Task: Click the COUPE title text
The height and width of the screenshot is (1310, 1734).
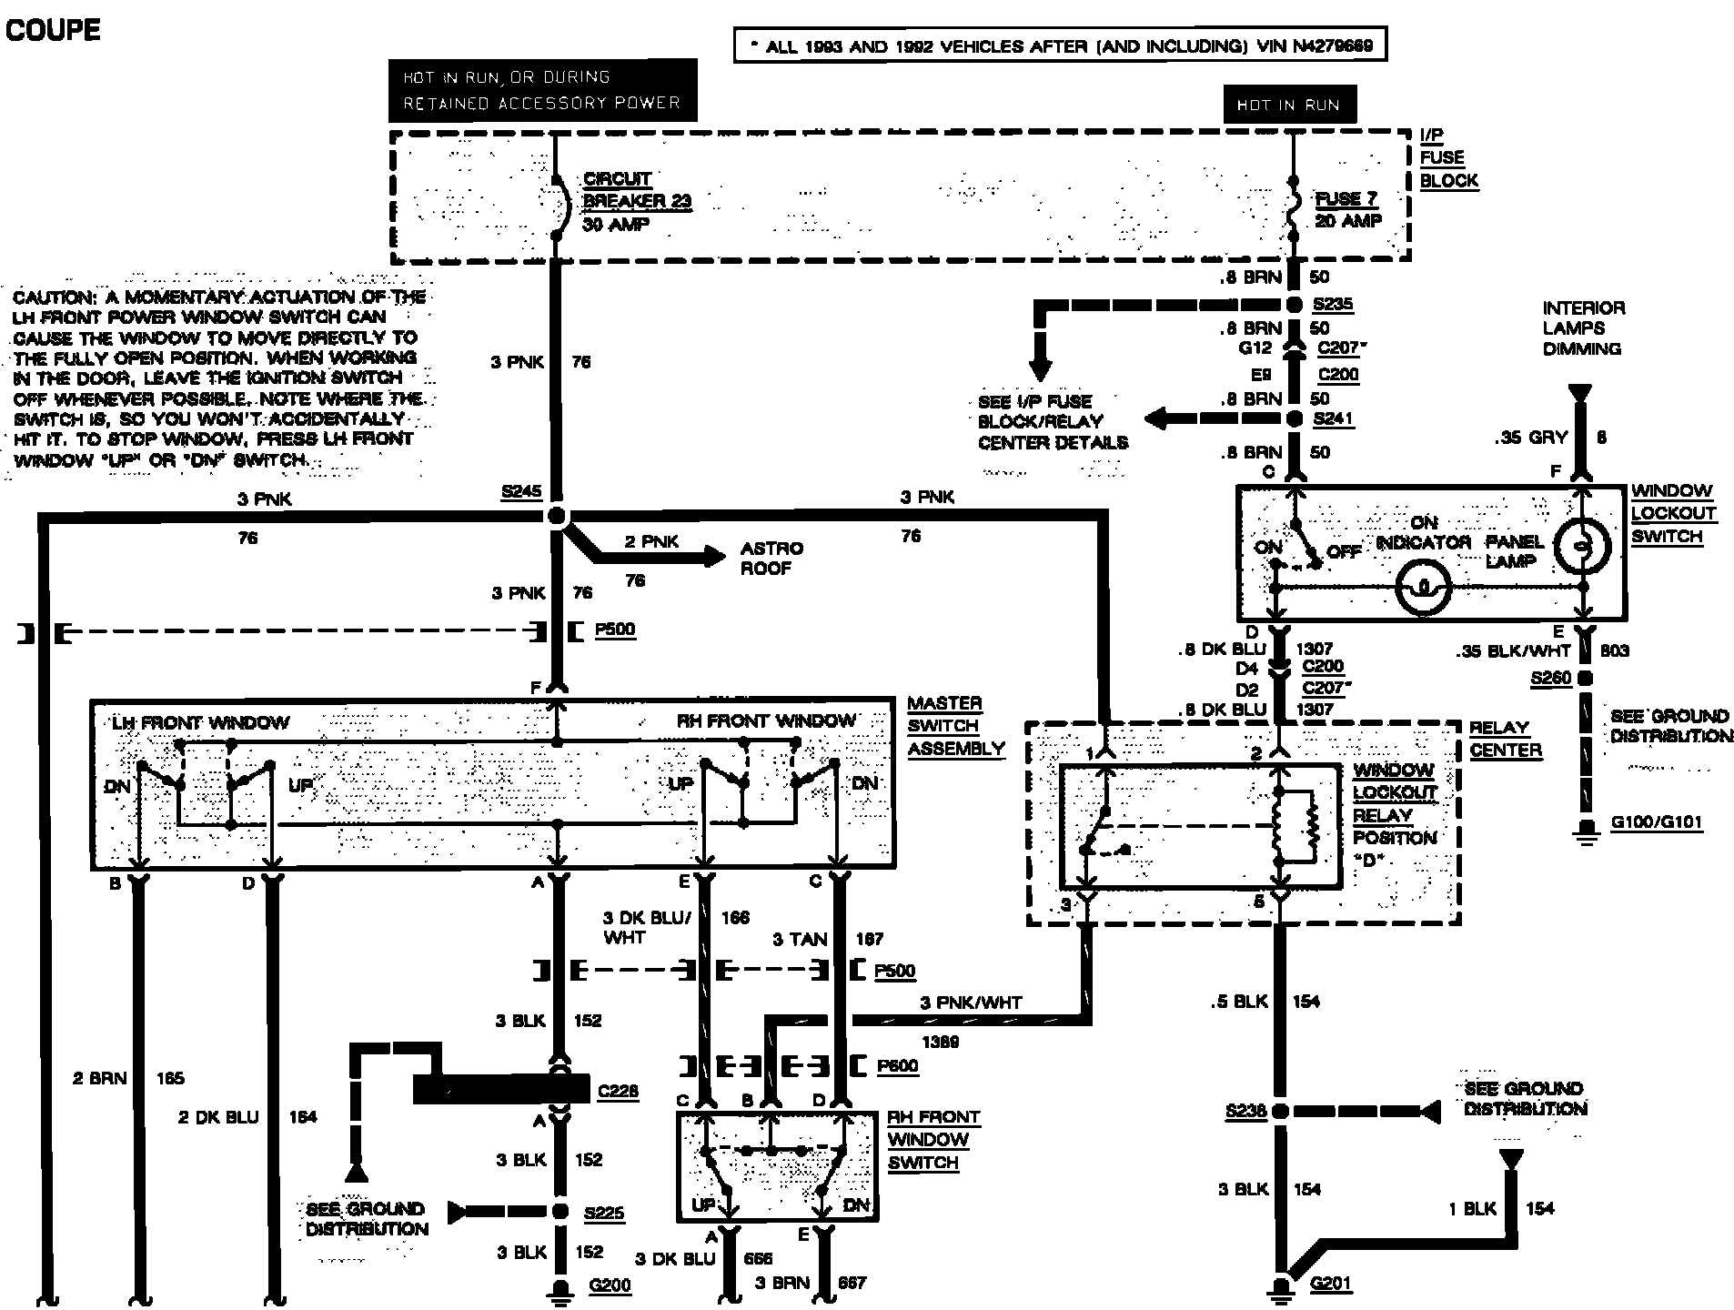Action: (x=53, y=30)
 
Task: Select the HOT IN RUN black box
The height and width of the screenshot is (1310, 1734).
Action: (x=1288, y=105)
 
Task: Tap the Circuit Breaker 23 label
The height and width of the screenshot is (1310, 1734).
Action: (x=636, y=201)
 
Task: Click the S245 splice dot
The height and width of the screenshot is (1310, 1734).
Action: (x=557, y=517)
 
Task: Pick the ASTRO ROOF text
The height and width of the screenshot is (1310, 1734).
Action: (x=771, y=559)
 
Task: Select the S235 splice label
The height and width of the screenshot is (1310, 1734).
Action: (x=1333, y=305)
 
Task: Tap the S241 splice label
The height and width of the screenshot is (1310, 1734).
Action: (x=1333, y=418)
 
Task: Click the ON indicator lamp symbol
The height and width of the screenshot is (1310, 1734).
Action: (x=1423, y=588)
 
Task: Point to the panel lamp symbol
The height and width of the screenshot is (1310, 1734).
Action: (x=1582, y=547)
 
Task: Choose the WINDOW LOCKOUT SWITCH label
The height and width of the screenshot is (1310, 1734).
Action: (x=1673, y=514)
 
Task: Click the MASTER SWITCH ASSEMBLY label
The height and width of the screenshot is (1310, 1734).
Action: (x=955, y=726)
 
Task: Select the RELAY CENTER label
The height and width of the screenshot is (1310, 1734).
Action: (x=1506, y=739)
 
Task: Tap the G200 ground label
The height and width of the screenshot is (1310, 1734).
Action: (x=610, y=1285)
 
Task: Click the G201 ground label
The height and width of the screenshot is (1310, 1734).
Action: (x=1330, y=1284)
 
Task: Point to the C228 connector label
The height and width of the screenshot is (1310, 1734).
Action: (x=618, y=1091)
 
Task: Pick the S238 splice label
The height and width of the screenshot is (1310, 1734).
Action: (x=1245, y=1111)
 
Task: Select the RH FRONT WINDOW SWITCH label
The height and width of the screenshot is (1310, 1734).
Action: (x=933, y=1140)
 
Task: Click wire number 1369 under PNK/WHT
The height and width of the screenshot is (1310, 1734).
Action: (x=939, y=1042)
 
